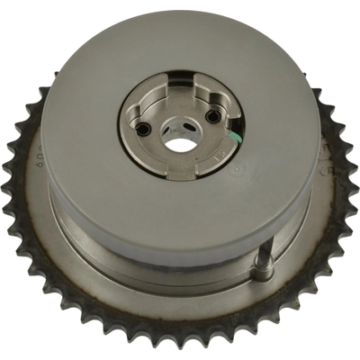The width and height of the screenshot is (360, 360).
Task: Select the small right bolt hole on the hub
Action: pyautogui.click(x=212, y=115)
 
